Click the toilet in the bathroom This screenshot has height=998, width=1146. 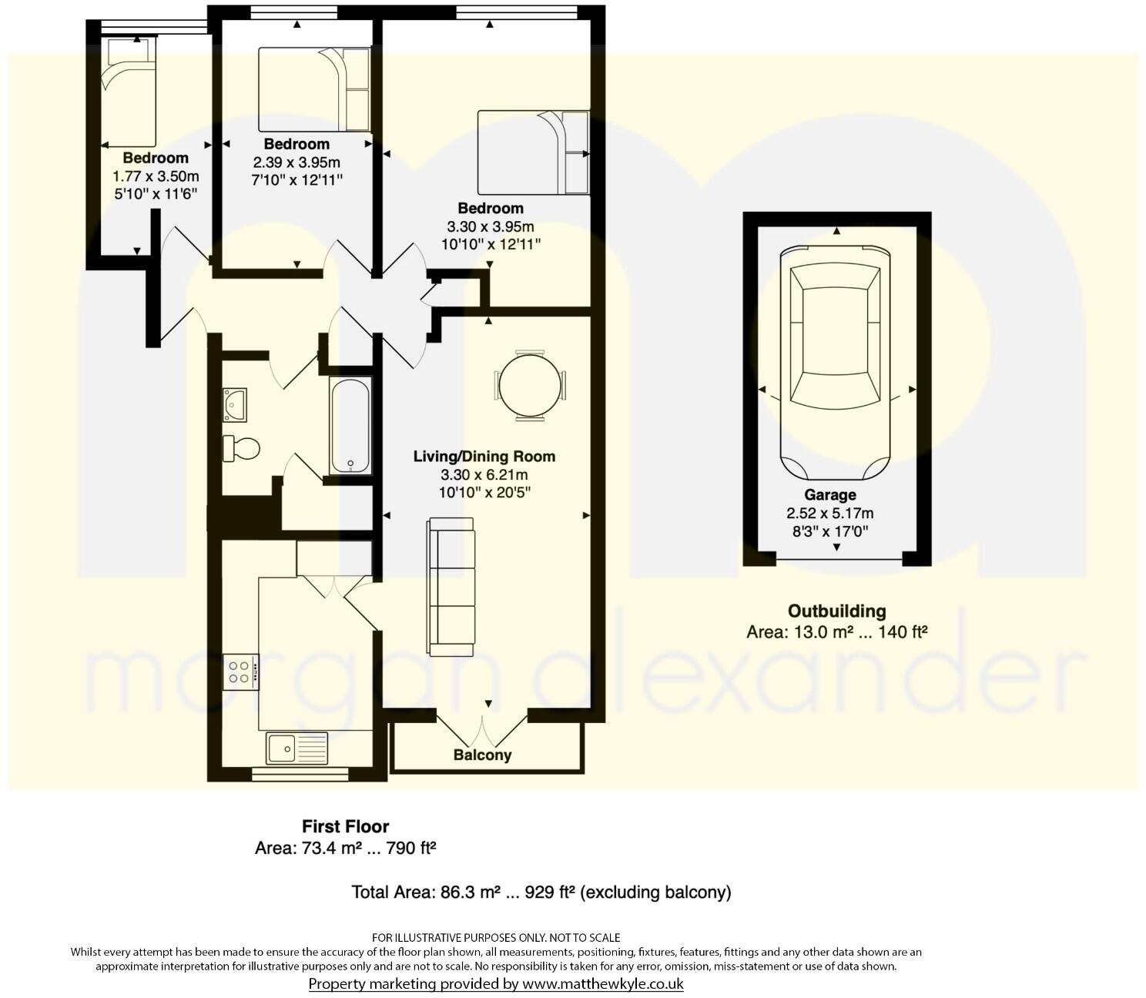tap(241, 448)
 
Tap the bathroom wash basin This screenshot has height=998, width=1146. tap(235, 404)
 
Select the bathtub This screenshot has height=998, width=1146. tap(350, 426)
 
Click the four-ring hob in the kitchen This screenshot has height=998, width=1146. tap(241, 671)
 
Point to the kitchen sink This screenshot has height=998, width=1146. tap(297, 747)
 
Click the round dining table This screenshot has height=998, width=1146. tap(530, 385)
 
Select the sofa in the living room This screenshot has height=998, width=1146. tap(451, 587)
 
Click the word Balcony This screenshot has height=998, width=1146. tap(482, 755)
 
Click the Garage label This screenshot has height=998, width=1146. tap(829, 495)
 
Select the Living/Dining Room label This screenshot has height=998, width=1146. tap(484, 456)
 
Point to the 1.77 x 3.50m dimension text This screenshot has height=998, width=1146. tap(156, 176)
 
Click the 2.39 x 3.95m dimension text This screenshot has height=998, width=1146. tap(297, 162)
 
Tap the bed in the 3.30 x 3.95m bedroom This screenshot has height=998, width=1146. tap(533, 152)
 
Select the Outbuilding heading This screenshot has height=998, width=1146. tap(836, 611)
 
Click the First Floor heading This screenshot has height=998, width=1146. tap(345, 826)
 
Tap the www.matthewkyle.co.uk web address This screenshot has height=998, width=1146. tap(602, 983)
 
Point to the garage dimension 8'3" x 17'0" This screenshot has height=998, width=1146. tap(829, 531)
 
